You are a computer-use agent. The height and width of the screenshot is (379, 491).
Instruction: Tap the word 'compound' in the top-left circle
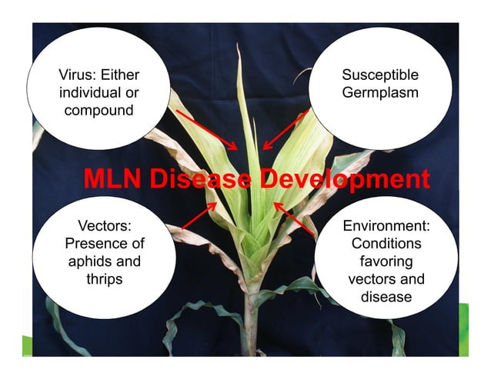99,109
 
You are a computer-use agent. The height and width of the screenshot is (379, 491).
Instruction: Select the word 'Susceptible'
380,75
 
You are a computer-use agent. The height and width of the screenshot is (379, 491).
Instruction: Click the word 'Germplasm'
380,92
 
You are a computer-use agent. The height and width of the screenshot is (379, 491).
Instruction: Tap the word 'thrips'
105,278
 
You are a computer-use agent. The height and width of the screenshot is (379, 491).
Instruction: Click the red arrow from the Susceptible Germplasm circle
285,130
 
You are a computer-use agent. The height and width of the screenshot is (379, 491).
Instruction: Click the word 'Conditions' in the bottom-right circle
386,244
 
